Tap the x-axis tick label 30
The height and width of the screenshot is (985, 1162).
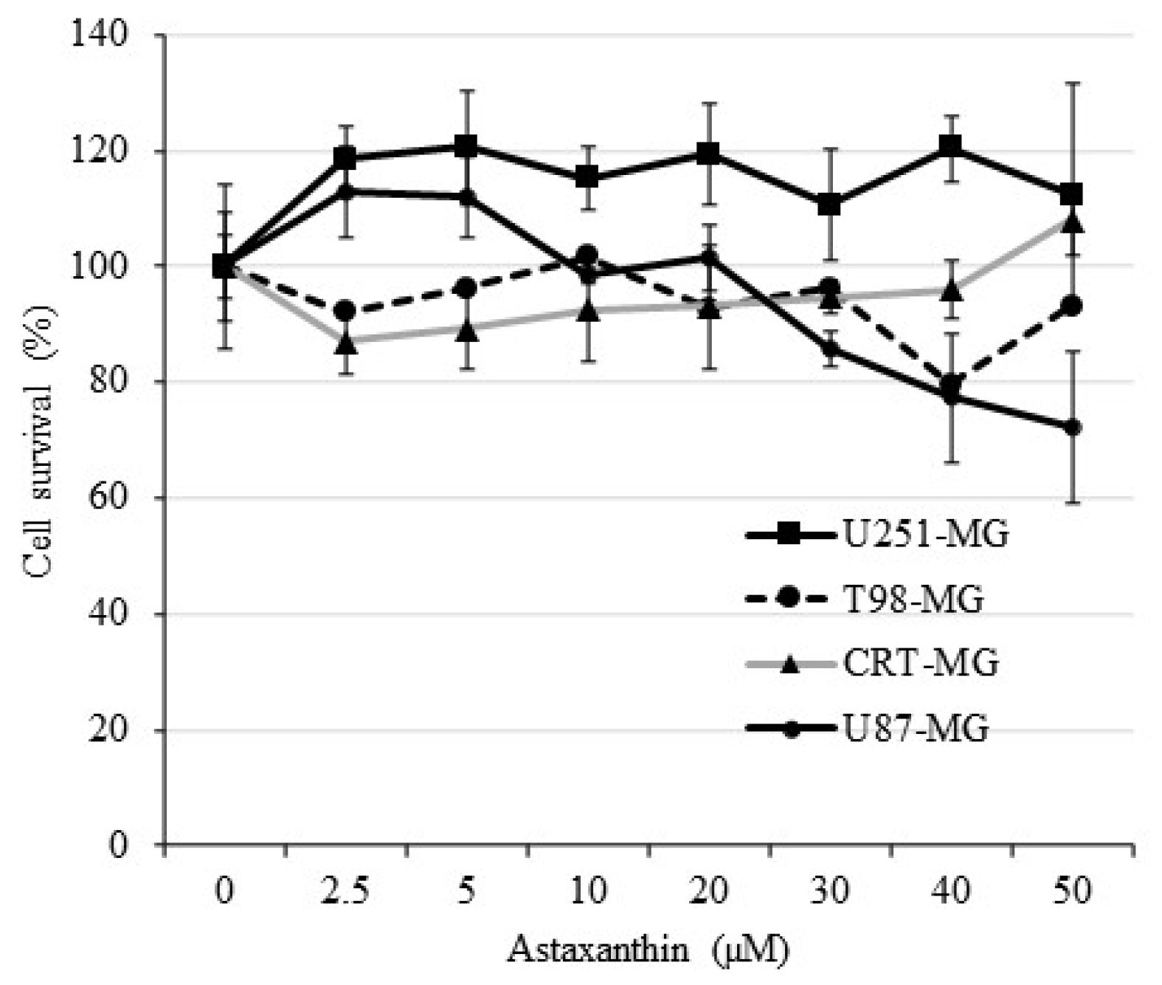pos(830,893)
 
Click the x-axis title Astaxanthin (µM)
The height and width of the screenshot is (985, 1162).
pos(648,950)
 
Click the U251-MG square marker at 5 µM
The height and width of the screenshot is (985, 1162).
pos(466,145)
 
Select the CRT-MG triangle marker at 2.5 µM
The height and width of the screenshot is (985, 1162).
pos(346,343)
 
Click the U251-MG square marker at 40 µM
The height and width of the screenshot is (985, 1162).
pos(952,146)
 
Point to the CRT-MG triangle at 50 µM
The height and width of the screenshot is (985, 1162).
pos(1073,222)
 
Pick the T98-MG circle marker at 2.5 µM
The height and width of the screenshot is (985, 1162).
pos(345,312)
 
